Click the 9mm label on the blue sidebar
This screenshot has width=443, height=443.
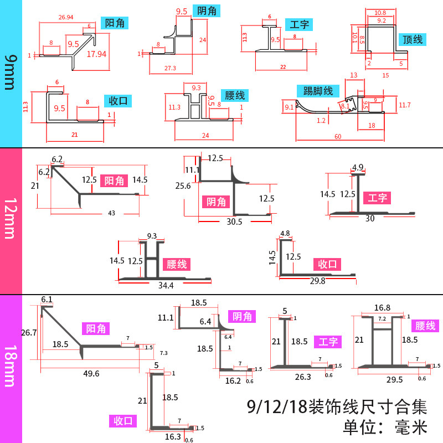click(11, 74)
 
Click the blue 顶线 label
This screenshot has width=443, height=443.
click(413, 40)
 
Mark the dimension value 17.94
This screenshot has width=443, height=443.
click(96, 54)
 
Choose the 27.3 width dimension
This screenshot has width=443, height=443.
click(171, 68)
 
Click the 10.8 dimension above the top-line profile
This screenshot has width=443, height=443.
click(379, 12)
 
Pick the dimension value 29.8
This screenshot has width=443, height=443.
click(316, 281)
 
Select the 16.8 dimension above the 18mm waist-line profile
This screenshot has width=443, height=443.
click(382, 307)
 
